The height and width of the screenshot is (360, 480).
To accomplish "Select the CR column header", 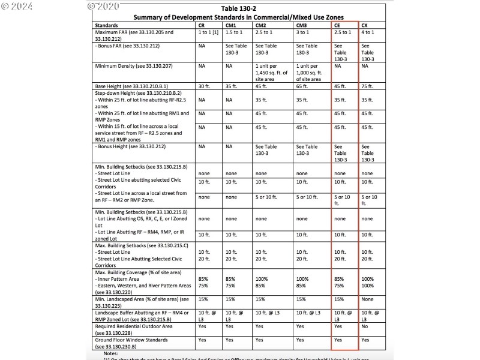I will [x=202, y=26].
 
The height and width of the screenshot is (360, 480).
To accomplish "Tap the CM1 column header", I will [x=231, y=26].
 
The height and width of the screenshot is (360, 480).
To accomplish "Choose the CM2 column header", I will [x=261, y=26].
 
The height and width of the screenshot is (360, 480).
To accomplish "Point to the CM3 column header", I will [x=302, y=26].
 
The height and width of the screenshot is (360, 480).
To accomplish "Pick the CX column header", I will [x=365, y=26].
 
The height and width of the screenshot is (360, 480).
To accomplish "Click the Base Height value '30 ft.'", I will [x=205, y=86].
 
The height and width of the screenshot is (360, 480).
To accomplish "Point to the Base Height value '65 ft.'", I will [x=302, y=86].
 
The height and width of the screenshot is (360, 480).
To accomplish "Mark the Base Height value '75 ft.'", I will [x=367, y=86].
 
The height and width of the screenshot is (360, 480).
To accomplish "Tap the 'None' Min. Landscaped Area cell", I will [x=368, y=299].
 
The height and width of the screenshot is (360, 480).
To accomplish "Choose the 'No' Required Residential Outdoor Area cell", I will [x=365, y=327].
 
